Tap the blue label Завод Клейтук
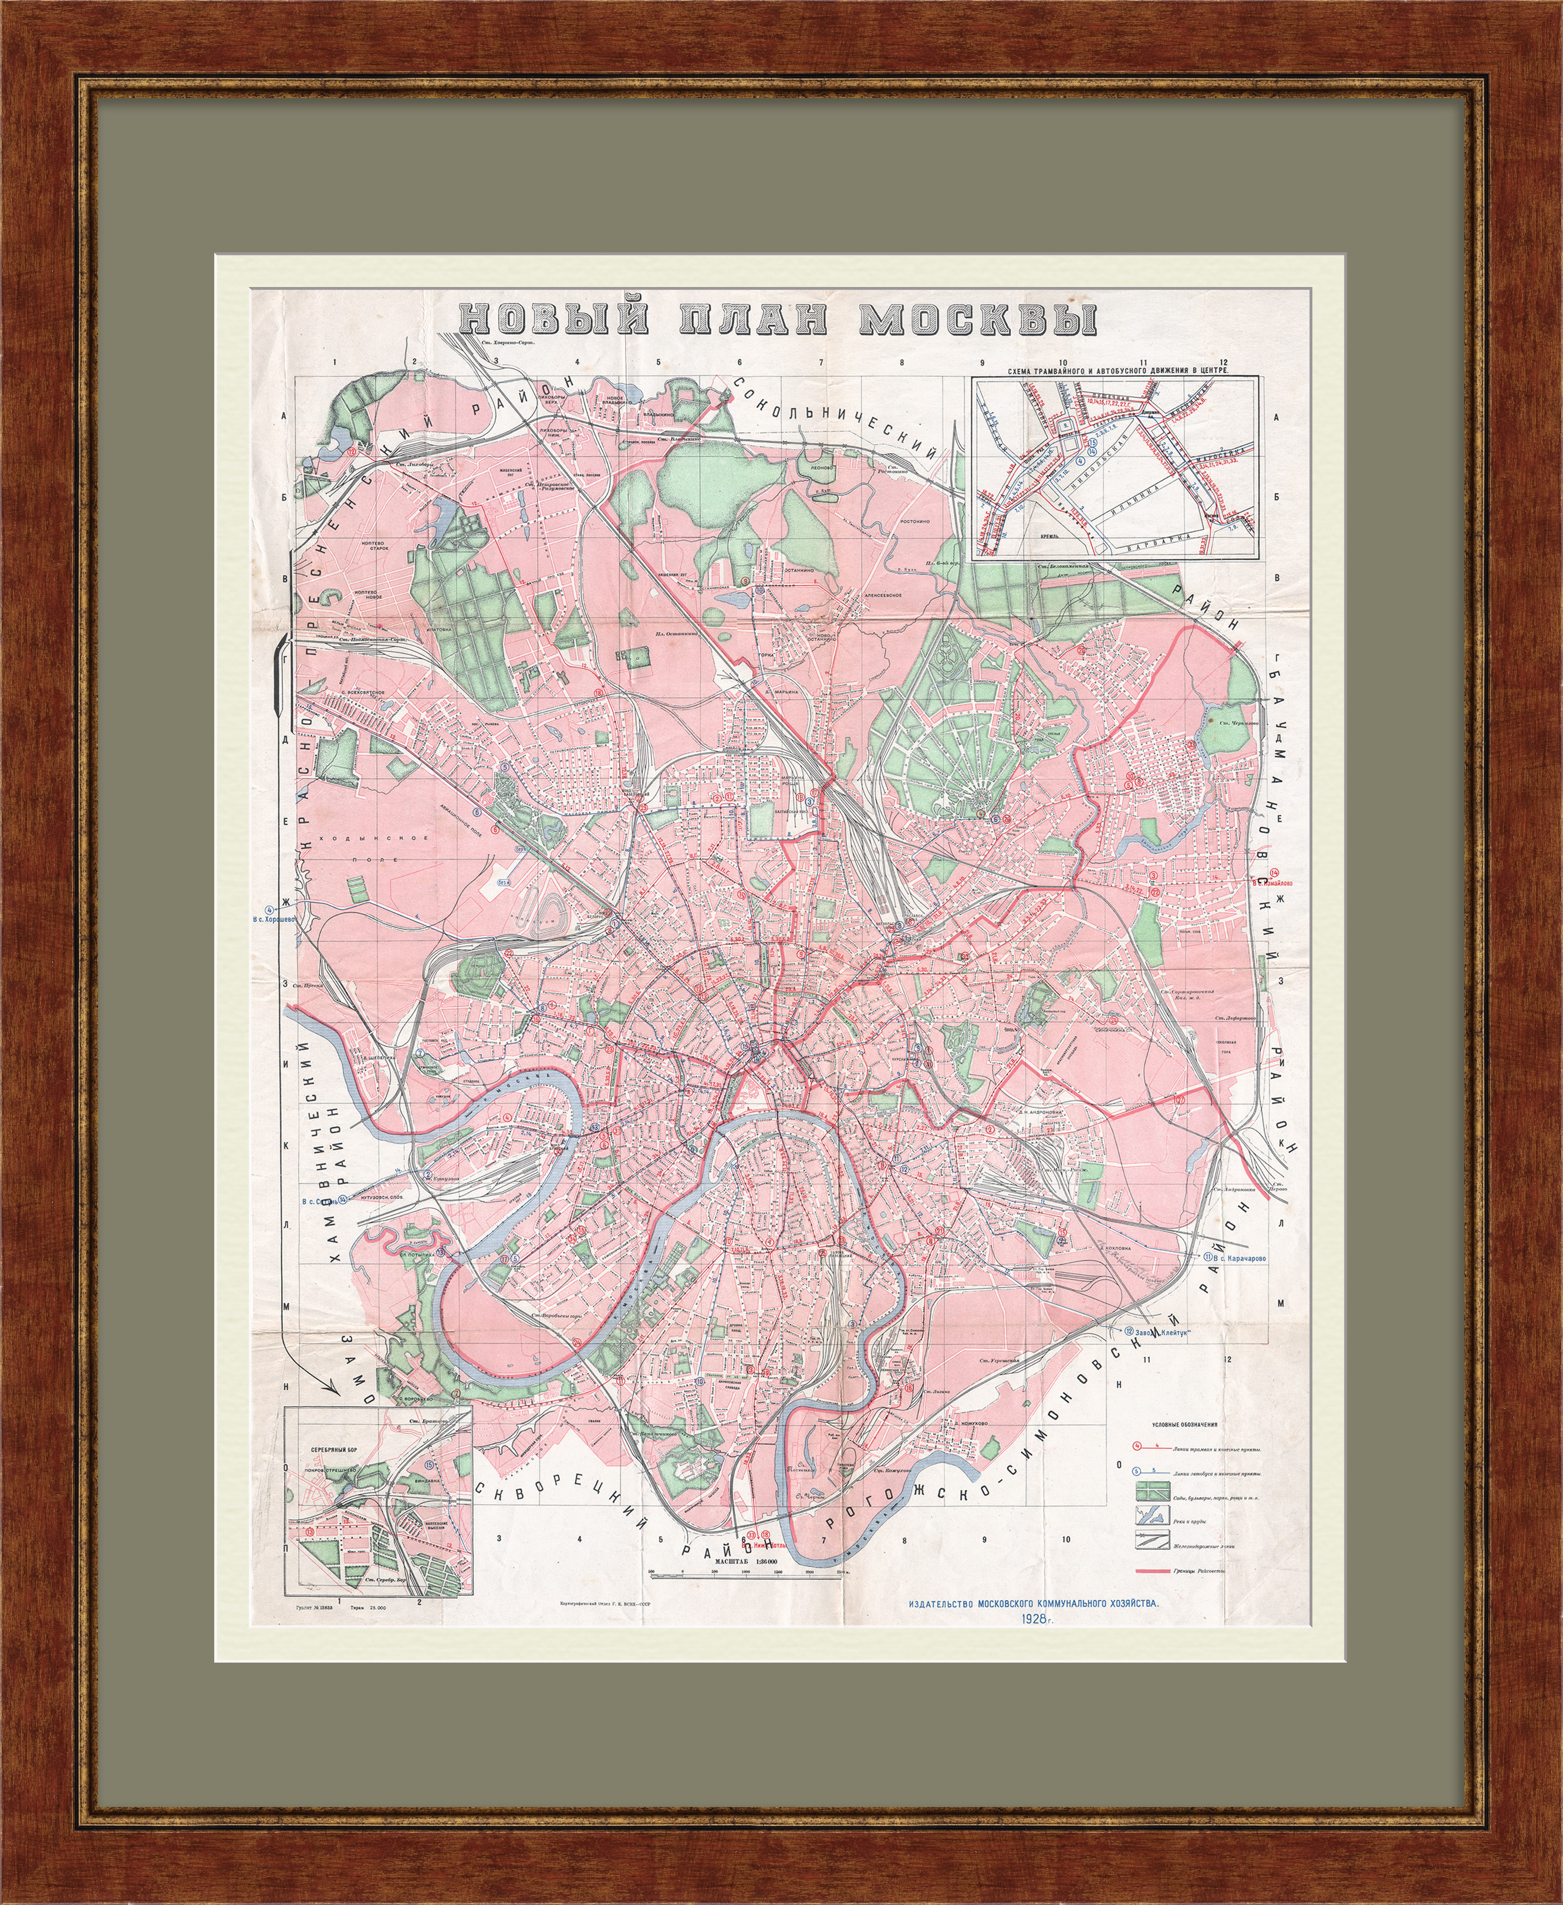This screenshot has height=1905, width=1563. point(1156,1332)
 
